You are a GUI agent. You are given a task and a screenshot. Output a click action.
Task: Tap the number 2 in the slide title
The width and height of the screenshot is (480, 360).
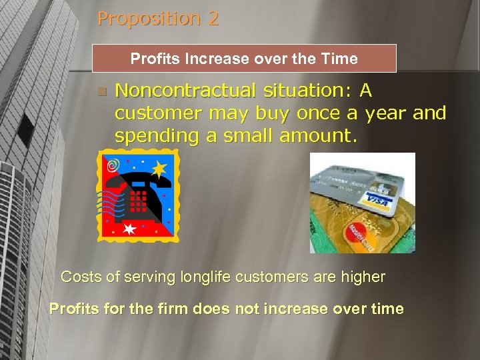pyautogui.click(x=213, y=19)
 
